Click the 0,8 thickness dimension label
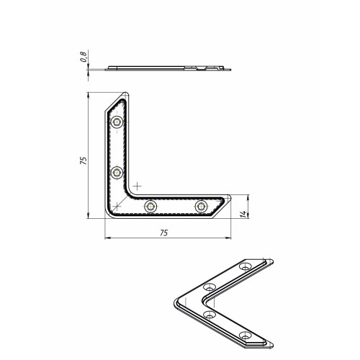(x=84, y=57)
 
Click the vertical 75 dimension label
(x=83, y=161)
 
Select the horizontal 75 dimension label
(x=163, y=233)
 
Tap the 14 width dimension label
(x=243, y=214)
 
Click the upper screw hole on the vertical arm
(x=117, y=122)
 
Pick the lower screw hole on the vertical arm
(x=117, y=173)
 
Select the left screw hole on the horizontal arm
(x=150, y=206)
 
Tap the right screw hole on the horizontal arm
(x=201, y=206)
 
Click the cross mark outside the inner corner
(x=137, y=186)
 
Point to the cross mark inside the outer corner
(x=117, y=206)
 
